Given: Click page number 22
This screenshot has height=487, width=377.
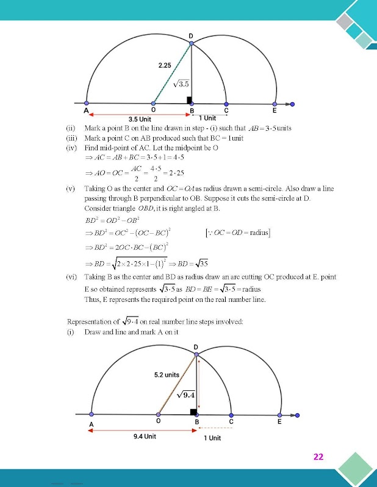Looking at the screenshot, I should tap(318, 457).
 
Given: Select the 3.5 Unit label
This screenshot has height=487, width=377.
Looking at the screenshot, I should tap(140, 119).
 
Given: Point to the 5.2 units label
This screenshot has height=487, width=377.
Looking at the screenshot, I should tap(167, 375).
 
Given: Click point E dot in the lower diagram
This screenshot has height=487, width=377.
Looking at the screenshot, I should tap(279, 415).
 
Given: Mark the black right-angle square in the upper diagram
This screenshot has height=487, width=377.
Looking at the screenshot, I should tap(189, 100).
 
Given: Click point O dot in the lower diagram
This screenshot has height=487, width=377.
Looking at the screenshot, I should tap(159, 415).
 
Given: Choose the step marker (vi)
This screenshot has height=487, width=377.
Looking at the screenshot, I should tap(71, 277).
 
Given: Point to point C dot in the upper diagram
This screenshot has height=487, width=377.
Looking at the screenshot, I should tap(226, 103).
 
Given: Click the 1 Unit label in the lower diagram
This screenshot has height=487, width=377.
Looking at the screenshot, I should tap(212, 438).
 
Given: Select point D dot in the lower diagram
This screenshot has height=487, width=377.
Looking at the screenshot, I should tap(196, 354).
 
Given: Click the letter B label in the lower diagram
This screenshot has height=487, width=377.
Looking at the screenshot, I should tap(196, 422).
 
